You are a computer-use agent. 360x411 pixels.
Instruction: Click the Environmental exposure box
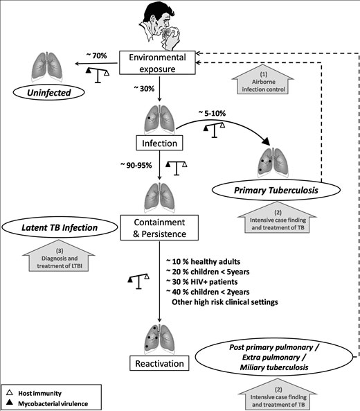[157, 63]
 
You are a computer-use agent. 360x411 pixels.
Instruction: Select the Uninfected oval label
[49, 93]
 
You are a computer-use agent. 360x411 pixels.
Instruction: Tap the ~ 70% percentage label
[96, 55]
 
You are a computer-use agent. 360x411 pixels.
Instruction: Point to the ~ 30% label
[144, 89]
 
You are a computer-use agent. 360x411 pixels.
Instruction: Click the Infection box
[159, 143]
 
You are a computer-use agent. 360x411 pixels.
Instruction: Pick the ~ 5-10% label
[212, 113]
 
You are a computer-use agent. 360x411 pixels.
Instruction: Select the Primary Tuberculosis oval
[276, 191]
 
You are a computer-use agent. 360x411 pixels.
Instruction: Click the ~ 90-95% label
[136, 165]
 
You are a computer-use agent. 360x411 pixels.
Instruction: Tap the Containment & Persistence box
[159, 228]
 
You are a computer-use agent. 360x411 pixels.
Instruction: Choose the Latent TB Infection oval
[60, 227]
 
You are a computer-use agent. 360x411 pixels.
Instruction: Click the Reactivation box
[159, 363]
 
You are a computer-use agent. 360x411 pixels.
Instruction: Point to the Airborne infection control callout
[263, 80]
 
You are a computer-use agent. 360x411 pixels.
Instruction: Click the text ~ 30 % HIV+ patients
[202, 282]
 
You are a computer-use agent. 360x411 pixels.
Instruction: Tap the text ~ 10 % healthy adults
[203, 261]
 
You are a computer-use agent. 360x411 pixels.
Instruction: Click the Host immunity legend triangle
[10, 393]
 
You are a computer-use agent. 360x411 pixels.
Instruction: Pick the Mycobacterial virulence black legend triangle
[10, 402]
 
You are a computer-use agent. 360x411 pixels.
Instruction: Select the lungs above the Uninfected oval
[47, 67]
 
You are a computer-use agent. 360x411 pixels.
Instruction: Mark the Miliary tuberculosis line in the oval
[274, 367]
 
